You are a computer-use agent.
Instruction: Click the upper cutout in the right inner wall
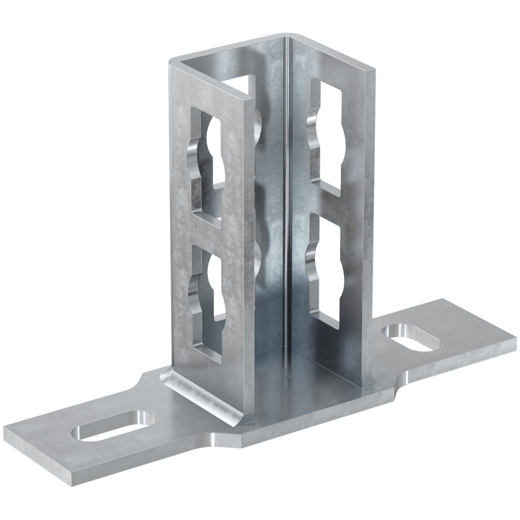click(326, 135)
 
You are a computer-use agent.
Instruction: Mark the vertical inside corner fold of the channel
click(285, 208)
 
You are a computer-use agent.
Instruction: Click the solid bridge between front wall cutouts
click(208, 229)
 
